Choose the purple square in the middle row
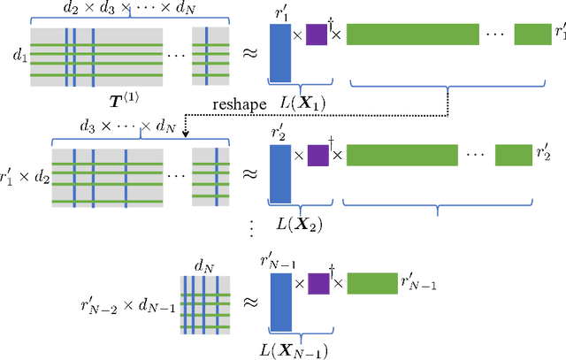[316, 156]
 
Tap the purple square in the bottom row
[316, 283]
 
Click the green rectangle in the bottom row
[371, 283]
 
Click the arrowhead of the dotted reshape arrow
[185, 134]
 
